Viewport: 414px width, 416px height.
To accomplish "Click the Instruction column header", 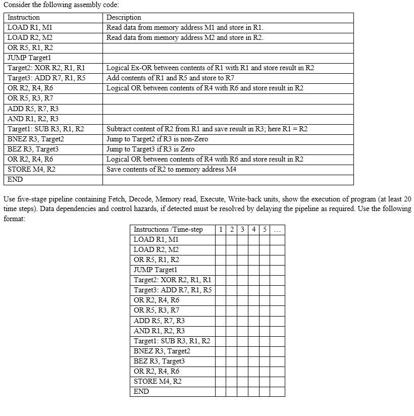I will coord(23,18).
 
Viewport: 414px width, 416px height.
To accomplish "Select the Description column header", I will coord(124,18).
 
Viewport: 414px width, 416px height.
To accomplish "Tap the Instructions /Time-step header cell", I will coord(168,230).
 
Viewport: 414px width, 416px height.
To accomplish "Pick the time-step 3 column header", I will coord(242,230).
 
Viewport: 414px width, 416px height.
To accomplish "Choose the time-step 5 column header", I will coord(265,230).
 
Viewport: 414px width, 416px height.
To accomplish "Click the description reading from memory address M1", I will coord(185,28).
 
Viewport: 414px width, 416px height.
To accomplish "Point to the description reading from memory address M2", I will coord(185,38).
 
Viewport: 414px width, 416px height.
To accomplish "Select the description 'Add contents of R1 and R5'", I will coord(170,78).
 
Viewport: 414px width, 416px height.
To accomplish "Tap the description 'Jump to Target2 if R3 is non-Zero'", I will coord(157,139).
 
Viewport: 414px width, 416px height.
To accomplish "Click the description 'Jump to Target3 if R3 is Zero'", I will coord(150,149).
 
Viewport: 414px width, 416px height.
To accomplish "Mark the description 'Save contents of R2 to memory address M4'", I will coord(171,169).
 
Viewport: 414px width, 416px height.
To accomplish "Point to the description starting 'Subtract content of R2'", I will coord(207,129).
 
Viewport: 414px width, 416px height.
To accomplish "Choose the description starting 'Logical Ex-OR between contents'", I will coord(210,68).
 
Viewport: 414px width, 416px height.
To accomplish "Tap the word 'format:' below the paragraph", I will coord(14,219).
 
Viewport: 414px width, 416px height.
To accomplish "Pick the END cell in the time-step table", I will coord(141,391).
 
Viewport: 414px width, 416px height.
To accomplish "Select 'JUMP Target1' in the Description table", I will coord(29,58).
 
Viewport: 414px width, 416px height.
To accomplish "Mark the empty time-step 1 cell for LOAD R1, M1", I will coord(220,240).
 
